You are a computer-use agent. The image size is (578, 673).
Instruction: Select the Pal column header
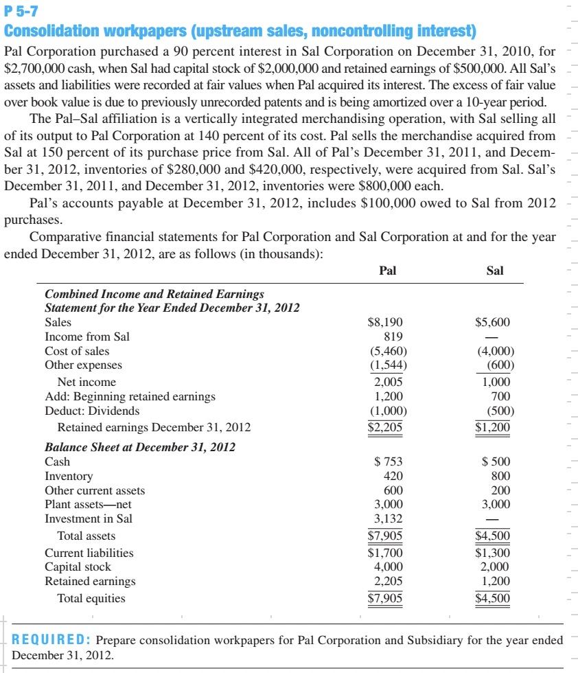tap(388, 271)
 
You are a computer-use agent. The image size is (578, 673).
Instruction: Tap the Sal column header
tap(494, 271)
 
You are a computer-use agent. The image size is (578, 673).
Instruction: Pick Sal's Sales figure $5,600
tap(492, 322)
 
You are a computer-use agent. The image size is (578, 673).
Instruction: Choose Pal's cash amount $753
tap(389, 461)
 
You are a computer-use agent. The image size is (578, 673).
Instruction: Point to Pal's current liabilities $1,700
tap(386, 552)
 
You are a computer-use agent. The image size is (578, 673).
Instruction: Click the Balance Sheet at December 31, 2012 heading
tap(140, 446)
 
